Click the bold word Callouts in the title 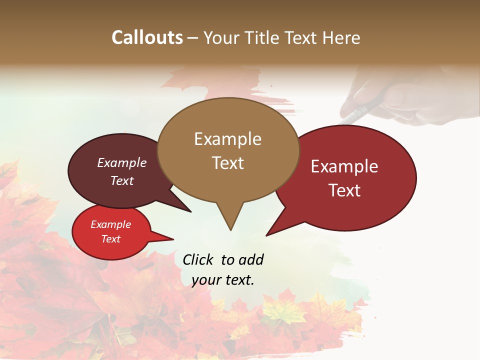point(147,37)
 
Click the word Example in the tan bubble point(227,139)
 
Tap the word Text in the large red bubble point(344,190)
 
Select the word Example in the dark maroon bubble point(122,162)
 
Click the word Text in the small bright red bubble point(110,239)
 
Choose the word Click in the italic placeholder point(199,259)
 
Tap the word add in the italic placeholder point(251,259)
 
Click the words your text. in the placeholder point(223,280)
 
